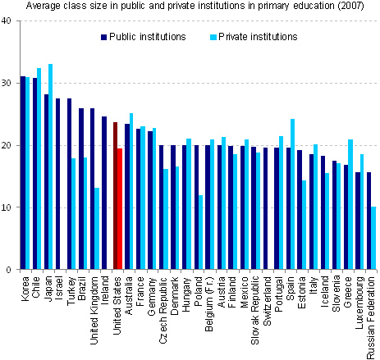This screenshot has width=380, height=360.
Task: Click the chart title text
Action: (190, 7)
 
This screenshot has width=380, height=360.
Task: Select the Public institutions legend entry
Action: (143, 37)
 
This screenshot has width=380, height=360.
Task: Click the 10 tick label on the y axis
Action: (7, 207)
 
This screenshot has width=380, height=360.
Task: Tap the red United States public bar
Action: (116, 197)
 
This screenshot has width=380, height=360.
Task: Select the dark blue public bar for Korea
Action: (23, 173)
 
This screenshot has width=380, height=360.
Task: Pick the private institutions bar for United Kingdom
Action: (98, 229)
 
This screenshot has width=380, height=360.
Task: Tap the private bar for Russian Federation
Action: (374, 238)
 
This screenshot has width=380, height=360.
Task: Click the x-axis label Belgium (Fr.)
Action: (208, 305)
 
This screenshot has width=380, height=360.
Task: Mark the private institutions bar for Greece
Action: (350, 204)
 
